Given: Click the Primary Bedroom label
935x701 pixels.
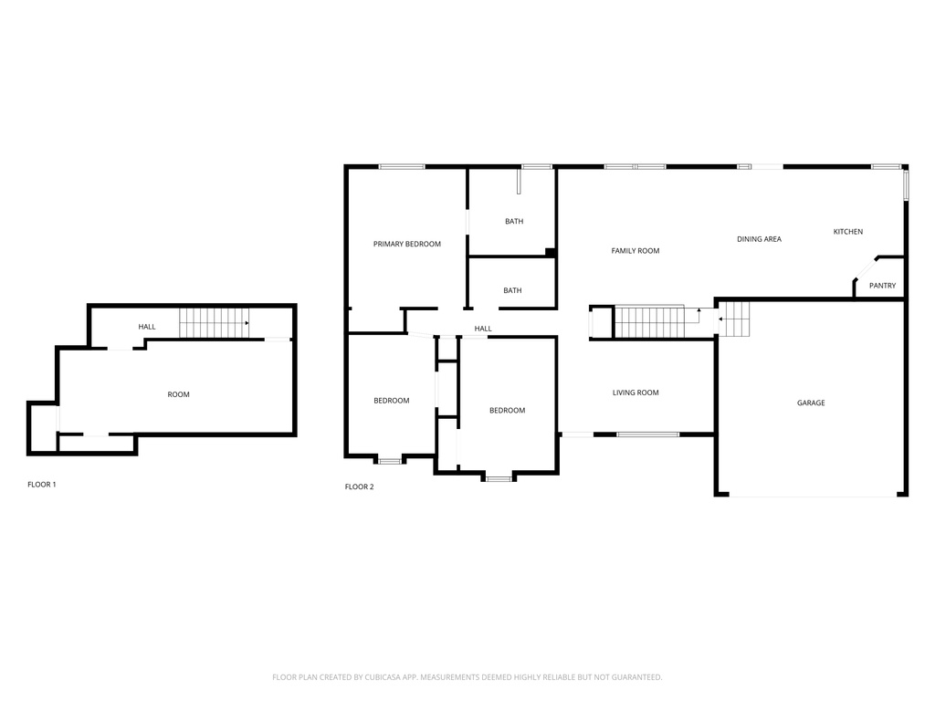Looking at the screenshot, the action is [406, 244].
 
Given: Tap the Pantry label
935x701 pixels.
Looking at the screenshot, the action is [882, 286].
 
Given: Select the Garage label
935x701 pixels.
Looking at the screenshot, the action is [811, 403].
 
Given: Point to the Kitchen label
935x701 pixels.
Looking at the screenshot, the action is [848, 231].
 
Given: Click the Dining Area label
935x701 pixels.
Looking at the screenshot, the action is [759, 239].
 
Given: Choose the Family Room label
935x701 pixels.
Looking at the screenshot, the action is [636, 251].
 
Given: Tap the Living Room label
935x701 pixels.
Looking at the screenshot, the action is [636, 392].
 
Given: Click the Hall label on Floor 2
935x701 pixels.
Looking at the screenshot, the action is [483, 329].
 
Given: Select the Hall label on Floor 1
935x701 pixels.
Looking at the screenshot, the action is [147, 327].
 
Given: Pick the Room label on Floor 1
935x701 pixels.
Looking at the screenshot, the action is [178, 394].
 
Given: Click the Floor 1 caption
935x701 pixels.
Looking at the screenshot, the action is [42, 485].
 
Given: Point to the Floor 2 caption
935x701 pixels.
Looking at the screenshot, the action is [359, 487].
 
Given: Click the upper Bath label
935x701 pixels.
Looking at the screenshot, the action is [514, 221].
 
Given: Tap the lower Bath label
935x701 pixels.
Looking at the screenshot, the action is [512, 290].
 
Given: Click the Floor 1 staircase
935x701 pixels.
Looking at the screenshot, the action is [214, 323].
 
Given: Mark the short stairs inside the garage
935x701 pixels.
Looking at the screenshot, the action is [734, 319].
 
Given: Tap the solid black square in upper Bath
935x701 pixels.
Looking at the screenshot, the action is [551, 253].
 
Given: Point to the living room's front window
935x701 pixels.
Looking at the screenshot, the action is [648, 434].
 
